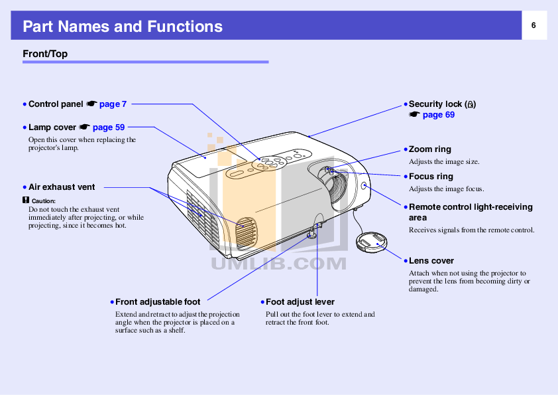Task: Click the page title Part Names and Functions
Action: tap(123, 27)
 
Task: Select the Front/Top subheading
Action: tap(45, 54)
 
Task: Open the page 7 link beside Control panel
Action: tap(113, 104)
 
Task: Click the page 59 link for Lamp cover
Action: tap(109, 127)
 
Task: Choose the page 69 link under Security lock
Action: tap(438, 115)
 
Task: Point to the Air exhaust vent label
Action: tap(62, 188)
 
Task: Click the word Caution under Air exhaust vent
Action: tap(43, 200)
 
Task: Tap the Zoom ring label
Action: tap(429, 149)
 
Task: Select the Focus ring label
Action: tap(431, 177)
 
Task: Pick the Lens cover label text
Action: tap(431, 261)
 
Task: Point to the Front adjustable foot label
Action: tap(158, 302)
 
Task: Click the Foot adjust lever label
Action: tap(300, 302)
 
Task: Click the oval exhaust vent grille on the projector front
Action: tap(246, 231)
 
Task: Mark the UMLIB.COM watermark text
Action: tap(278, 264)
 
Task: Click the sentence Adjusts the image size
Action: tap(443, 161)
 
